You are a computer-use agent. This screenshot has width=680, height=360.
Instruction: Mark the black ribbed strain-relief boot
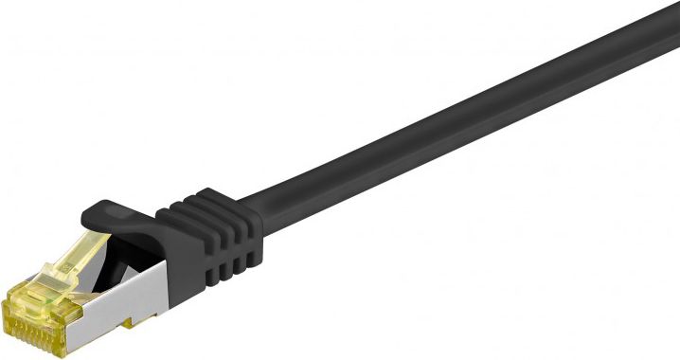[x=204, y=242]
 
